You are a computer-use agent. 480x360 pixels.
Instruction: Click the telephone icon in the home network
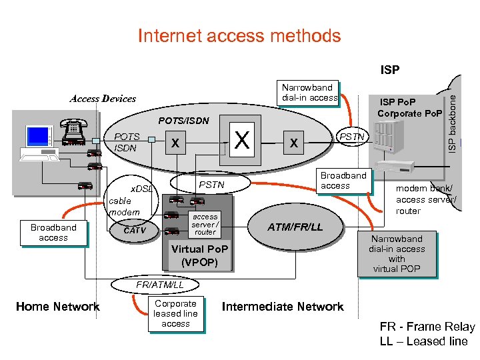tap(74, 132)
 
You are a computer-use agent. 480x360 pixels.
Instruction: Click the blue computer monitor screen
tap(37, 136)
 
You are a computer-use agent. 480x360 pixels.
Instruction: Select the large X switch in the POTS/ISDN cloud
tap(242, 139)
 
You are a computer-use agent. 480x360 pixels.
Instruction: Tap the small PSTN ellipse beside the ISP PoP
tap(353, 137)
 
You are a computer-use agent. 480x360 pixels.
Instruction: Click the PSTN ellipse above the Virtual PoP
tap(210, 183)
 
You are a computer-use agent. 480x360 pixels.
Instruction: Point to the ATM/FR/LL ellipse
tap(295, 227)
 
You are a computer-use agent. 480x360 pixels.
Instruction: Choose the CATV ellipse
tap(135, 230)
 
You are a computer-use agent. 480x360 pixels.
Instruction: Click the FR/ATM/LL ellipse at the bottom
tap(155, 285)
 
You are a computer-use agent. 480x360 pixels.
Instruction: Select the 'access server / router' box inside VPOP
tap(205, 225)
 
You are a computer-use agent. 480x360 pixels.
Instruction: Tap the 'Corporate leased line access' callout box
tap(176, 314)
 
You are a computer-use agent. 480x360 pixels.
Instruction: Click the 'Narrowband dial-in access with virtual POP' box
tap(397, 254)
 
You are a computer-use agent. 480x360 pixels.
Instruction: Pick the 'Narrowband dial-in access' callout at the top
tap(307, 93)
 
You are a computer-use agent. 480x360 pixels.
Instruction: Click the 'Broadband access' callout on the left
tap(53, 233)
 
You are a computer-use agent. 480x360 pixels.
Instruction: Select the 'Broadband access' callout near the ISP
tap(344, 181)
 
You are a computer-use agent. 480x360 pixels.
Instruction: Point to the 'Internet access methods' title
tap(239, 35)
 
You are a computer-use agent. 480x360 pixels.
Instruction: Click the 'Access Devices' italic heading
tap(103, 99)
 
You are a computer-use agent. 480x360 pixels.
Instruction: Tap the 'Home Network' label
tap(58, 307)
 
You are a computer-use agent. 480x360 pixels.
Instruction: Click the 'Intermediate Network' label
tap(283, 307)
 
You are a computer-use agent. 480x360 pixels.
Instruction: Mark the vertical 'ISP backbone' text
tap(452, 124)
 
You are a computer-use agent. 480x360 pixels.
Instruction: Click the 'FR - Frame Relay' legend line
tap(427, 327)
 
